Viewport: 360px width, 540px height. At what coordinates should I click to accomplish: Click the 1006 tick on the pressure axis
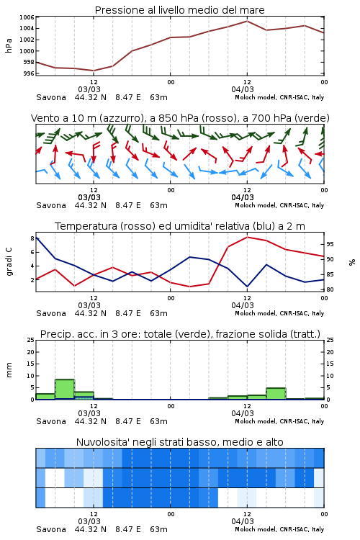(27, 17)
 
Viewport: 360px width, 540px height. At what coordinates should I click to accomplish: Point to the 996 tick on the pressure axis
(29, 73)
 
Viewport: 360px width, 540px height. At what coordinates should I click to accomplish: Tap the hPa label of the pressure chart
(9, 45)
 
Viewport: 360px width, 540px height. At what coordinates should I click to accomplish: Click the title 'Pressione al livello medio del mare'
(180, 10)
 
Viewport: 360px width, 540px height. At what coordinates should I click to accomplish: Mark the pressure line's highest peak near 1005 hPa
(247, 21)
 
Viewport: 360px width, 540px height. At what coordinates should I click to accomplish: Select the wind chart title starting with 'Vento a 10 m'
(180, 118)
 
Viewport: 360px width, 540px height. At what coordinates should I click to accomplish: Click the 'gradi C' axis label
(9, 262)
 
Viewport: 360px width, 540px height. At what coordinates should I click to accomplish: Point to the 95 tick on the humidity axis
(330, 244)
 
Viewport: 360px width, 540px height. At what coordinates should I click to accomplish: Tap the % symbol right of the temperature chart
(352, 262)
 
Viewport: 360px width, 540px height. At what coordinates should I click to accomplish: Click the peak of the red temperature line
(247, 237)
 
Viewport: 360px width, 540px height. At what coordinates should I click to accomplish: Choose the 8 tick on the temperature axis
(32, 238)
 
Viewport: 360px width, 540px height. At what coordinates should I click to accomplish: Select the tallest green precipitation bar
(65, 389)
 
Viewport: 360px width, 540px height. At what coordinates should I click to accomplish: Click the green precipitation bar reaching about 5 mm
(276, 394)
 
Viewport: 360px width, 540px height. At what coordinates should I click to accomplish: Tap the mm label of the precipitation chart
(9, 370)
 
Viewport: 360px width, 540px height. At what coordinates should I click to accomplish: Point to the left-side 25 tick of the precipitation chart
(31, 340)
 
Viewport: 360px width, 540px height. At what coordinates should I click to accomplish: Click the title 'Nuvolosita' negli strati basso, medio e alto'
(180, 442)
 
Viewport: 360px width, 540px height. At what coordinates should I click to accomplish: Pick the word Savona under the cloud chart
(51, 529)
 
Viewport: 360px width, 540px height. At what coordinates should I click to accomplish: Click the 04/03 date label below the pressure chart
(243, 89)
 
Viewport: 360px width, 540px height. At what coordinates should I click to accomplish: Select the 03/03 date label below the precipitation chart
(89, 413)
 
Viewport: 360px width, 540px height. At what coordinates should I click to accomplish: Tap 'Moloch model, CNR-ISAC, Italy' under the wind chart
(279, 205)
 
